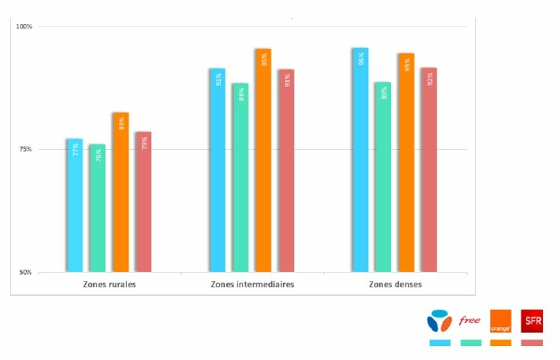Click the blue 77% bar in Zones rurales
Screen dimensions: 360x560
coord(74,205)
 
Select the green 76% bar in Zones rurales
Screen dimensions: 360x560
coord(98,208)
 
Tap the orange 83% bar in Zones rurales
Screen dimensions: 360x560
coord(121,192)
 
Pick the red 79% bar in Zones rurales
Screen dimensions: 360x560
coord(143,201)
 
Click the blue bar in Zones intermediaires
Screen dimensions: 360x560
coord(217,170)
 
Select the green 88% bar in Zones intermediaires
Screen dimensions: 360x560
coord(240,177)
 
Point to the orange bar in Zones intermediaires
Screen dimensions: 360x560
coord(263,160)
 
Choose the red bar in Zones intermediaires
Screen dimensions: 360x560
coord(286,170)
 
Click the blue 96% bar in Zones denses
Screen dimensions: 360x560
coord(360,159)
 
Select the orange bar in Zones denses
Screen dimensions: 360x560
coord(406,162)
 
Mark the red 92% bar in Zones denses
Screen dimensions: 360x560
coord(429,170)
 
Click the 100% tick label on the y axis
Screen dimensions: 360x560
coord(25,26)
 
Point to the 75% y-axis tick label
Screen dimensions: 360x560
coord(26,149)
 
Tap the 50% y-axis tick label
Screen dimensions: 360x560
coord(26,273)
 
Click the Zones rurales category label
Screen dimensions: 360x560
coord(110,284)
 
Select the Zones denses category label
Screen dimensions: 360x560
coord(396,284)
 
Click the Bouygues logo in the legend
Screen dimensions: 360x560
coord(439,321)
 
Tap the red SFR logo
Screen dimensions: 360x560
coord(532,320)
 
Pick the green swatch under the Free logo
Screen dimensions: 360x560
coord(470,342)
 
